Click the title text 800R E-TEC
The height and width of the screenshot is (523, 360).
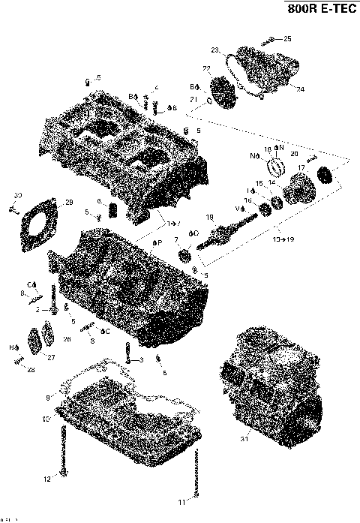click(322, 9)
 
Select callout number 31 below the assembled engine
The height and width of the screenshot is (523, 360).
click(244, 439)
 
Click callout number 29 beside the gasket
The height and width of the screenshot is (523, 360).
click(69, 203)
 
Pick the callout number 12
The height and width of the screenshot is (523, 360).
click(46, 477)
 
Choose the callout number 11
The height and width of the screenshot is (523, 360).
click(182, 501)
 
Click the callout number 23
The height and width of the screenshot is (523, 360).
click(215, 50)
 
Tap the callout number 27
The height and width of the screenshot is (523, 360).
click(51, 358)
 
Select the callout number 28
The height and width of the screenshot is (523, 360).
click(31, 369)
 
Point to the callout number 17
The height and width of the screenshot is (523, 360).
click(301, 167)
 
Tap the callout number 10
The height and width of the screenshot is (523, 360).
click(46, 418)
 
